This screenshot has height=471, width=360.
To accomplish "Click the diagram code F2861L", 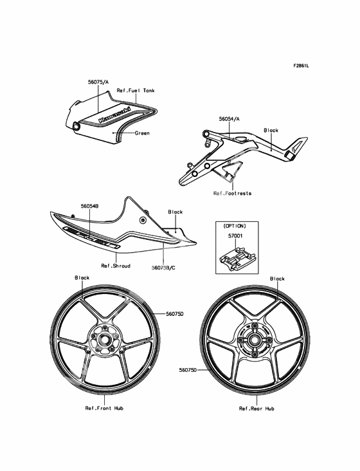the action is click(x=301, y=66).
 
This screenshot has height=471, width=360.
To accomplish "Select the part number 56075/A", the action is click(x=98, y=82).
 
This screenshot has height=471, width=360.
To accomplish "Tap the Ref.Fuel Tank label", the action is click(x=136, y=91).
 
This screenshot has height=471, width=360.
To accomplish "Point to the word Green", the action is click(x=142, y=133).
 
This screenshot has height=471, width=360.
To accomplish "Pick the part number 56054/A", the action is click(x=230, y=119).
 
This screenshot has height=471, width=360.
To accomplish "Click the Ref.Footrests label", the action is click(x=232, y=193).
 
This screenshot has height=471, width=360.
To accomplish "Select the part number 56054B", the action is click(x=90, y=206).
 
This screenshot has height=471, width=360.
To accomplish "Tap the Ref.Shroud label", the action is click(x=116, y=266).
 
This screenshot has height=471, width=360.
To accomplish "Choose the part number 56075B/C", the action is click(x=163, y=267).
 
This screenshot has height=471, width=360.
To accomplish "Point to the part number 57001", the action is click(x=235, y=236).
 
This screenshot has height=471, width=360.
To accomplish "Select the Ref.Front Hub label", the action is click(x=104, y=408).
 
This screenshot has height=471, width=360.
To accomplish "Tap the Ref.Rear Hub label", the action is click(x=256, y=409).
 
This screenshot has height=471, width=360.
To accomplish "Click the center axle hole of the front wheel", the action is click(x=104, y=338).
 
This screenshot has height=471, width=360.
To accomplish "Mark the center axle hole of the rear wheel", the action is click(x=255, y=340).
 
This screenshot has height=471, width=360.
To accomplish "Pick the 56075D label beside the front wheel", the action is click(x=175, y=314).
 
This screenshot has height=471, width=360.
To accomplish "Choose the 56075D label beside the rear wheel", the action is click(x=188, y=370).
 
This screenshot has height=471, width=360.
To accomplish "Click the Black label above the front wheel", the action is click(x=82, y=278).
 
